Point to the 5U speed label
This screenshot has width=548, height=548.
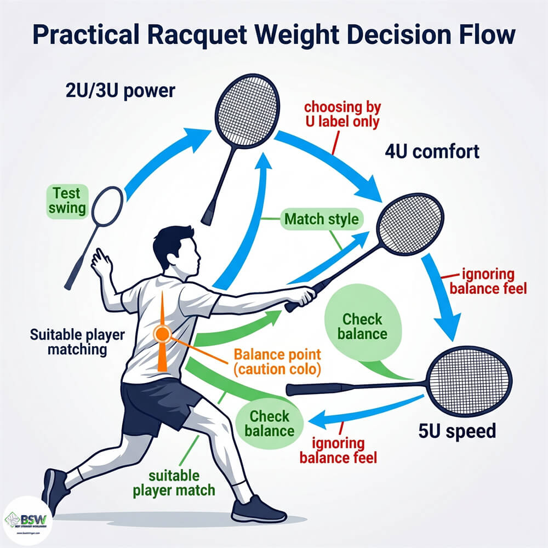456,431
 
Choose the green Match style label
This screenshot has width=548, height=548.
321,220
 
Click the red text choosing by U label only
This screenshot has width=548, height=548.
342,114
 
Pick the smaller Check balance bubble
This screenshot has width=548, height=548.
269,423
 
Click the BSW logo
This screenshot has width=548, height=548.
27,520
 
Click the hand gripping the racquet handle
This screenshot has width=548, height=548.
302,296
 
